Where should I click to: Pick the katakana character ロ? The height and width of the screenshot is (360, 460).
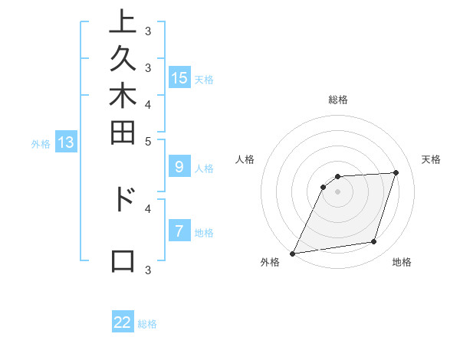tap(123, 260)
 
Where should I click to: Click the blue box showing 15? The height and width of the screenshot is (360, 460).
tap(179, 77)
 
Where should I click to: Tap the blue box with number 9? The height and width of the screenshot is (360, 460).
tap(179, 167)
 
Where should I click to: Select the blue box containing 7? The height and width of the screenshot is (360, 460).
tap(179, 231)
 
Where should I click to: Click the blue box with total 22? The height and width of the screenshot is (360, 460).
tap(123, 322)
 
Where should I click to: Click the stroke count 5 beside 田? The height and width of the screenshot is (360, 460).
tap(148, 141)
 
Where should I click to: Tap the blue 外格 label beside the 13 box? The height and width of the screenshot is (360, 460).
tap(41, 142)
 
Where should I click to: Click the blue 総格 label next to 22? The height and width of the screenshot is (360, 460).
tap(147, 324)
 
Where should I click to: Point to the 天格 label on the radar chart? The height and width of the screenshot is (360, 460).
tap(432, 159)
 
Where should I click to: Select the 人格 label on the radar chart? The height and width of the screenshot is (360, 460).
tap(245, 159)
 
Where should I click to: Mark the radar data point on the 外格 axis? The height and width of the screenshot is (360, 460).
tap(293, 253)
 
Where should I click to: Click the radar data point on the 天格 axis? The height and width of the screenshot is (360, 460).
tap(396, 172)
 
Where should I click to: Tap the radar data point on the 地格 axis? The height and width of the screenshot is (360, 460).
tap(374, 242)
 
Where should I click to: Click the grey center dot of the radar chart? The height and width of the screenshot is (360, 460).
tap(338, 191)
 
